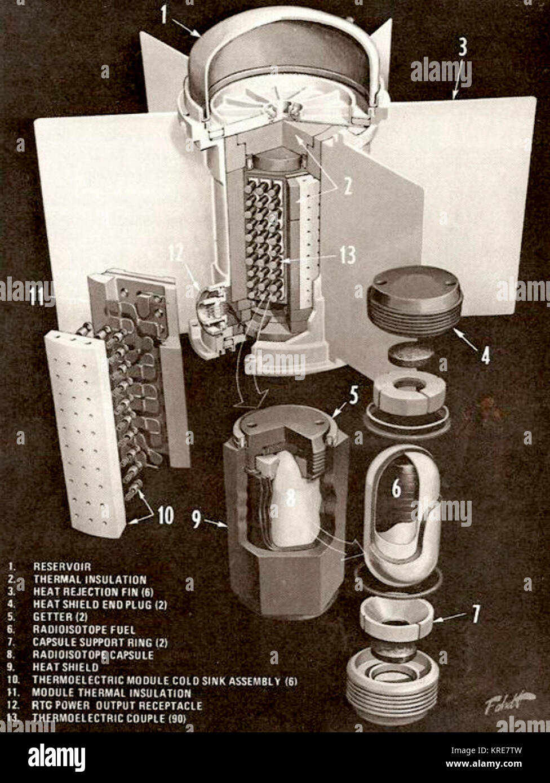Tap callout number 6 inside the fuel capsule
tap(397, 488)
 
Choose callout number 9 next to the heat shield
tap(196, 519)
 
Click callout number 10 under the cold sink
tap(165, 516)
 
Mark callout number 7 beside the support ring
tap(476, 615)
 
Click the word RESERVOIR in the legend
tap(62, 566)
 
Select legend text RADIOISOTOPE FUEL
tap(84, 629)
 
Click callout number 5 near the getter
tap(353, 396)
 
